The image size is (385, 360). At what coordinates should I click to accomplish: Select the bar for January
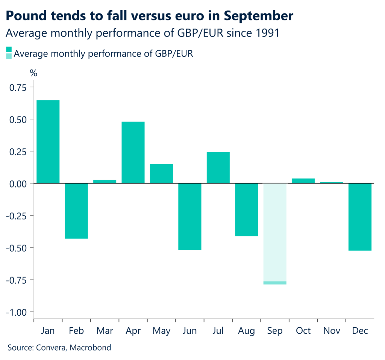[x=48, y=142]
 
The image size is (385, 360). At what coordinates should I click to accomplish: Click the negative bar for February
[x=76, y=211]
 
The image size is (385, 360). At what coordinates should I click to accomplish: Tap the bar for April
[x=133, y=152]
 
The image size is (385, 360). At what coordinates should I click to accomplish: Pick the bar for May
[x=161, y=174]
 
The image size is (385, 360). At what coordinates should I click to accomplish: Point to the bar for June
[x=190, y=216]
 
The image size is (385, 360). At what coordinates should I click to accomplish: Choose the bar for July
[x=218, y=168]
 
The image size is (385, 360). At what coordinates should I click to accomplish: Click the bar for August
[x=247, y=210]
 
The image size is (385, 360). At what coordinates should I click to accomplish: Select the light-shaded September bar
[x=275, y=233]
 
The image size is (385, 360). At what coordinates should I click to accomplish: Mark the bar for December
[x=360, y=217]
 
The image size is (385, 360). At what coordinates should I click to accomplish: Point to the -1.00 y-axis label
[x=16, y=312]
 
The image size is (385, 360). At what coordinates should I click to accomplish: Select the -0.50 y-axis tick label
[x=16, y=248]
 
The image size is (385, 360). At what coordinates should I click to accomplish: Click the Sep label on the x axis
[x=275, y=331]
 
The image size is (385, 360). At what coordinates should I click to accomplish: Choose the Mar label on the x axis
[x=105, y=331]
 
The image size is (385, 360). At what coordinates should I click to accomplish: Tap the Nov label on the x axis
[x=332, y=331]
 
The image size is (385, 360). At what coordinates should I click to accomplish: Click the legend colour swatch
[x=9, y=53]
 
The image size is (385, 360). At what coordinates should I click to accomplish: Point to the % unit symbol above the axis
[x=33, y=73]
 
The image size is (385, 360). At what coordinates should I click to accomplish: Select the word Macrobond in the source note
[x=92, y=348]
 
